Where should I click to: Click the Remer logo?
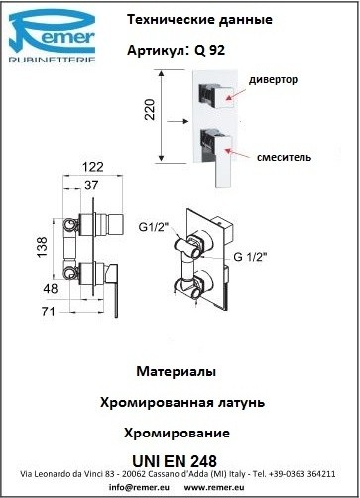pos(53,36)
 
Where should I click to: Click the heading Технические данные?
pos(199,20)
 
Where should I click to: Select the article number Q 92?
pos(210,50)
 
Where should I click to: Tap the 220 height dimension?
pos(151,109)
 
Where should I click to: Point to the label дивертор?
pos(273,80)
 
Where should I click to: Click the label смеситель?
pos(284,157)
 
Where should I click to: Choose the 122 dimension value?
pos(93,167)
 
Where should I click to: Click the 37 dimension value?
pos(91,185)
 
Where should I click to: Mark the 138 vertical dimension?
pos(43,247)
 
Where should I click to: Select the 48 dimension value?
pos(51,289)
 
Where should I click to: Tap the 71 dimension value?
pos(49,311)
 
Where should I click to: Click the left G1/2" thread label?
pos(154,228)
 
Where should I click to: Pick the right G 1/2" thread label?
pos(250,257)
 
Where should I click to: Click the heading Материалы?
pos(177,371)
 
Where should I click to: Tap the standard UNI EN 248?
pos(175,461)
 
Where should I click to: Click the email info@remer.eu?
pos(139,487)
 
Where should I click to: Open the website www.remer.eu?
pos(214,487)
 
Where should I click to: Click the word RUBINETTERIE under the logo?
pos(52,60)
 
